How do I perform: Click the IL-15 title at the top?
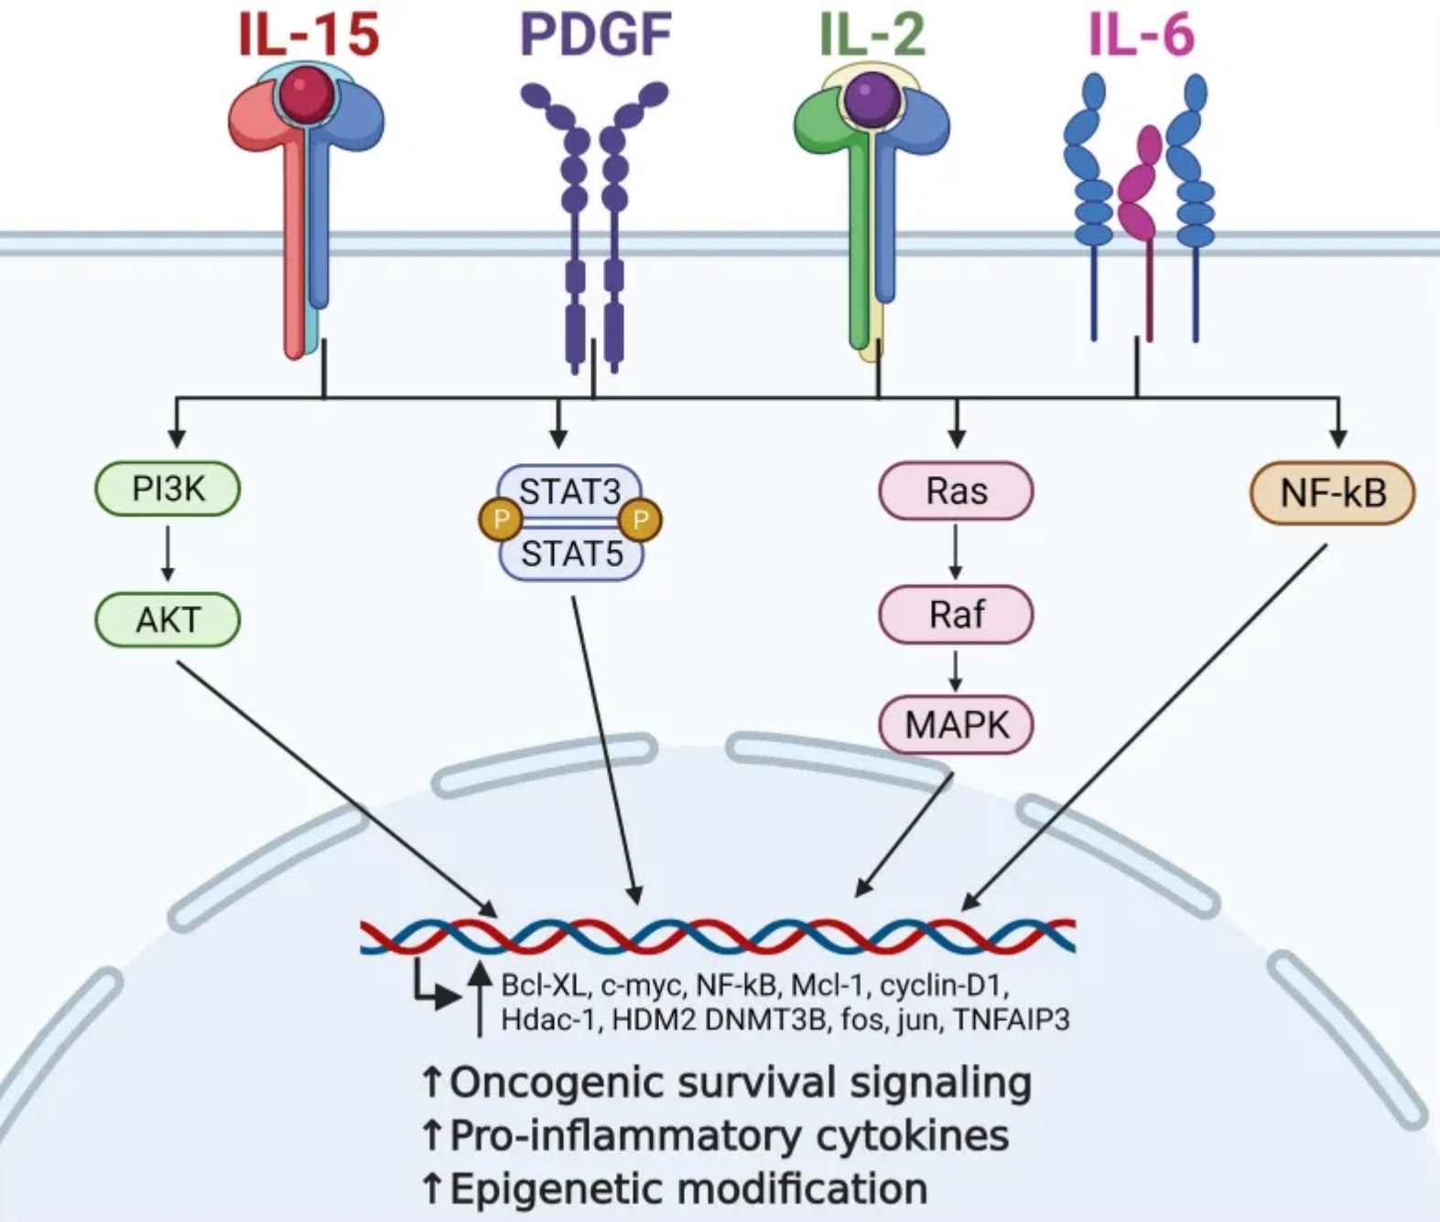309,35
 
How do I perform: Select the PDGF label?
596,35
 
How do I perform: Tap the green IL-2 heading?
872,35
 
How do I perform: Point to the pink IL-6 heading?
1142,35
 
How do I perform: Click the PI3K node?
168,489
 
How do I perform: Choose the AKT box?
168,620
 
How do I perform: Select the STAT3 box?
570,492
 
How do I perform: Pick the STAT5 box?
571,553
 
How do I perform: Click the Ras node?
957,491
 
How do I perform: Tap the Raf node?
957,614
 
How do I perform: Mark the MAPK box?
957,725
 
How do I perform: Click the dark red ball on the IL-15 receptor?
308,93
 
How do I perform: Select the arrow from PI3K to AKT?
168,554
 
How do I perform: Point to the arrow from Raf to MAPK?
956,672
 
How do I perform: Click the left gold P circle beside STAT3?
501,520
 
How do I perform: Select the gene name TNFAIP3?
1012,1020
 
